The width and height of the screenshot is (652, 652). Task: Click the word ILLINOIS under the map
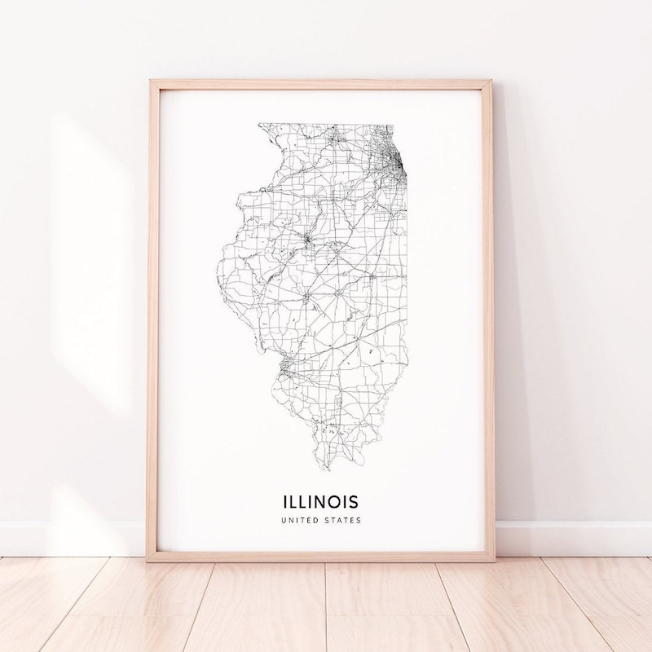[320, 498]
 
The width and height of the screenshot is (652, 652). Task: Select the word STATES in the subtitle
[342, 519]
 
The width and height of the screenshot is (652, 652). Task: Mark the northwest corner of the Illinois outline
[259, 125]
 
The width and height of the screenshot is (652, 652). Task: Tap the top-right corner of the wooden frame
[492, 81]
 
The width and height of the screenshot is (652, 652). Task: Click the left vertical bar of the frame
[152, 326]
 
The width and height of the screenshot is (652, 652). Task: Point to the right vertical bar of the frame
[490, 326]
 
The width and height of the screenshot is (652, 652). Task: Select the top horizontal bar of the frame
[322, 84]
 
